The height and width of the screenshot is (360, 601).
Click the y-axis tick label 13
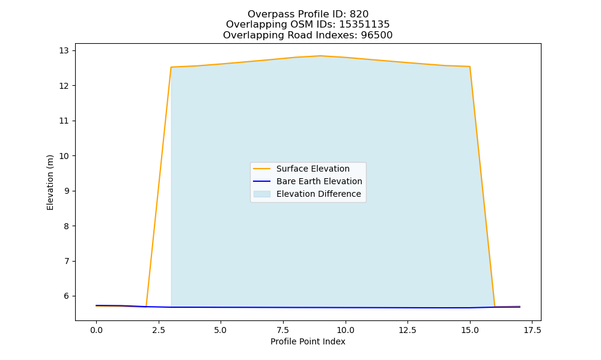(x=64, y=51)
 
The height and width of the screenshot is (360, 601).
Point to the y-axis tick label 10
(x=64, y=156)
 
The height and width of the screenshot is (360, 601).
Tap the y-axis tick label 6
(x=66, y=296)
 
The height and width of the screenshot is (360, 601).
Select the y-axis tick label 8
(x=66, y=226)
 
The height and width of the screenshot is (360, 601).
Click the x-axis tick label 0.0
(x=96, y=330)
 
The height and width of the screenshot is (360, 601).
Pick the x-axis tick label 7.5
(x=283, y=330)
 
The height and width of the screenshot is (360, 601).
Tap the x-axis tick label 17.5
(x=532, y=330)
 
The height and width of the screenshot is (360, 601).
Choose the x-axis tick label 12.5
(x=407, y=330)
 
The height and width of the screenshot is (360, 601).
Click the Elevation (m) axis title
(x=50, y=182)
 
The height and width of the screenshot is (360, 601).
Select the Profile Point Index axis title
(x=308, y=341)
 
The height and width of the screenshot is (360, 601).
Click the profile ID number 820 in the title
(x=359, y=14)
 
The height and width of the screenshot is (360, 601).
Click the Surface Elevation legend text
(x=313, y=169)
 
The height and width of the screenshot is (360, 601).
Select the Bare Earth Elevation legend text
(x=319, y=181)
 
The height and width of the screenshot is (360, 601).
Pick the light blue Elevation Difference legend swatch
(x=262, y=194)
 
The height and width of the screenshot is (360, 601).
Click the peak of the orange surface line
(x=320, y=56)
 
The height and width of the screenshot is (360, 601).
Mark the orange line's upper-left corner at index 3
(x=171, y=67)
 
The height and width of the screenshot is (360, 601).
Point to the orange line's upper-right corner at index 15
(x=470, y=67)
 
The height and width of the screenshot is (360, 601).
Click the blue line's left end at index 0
(x=96, y=305)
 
